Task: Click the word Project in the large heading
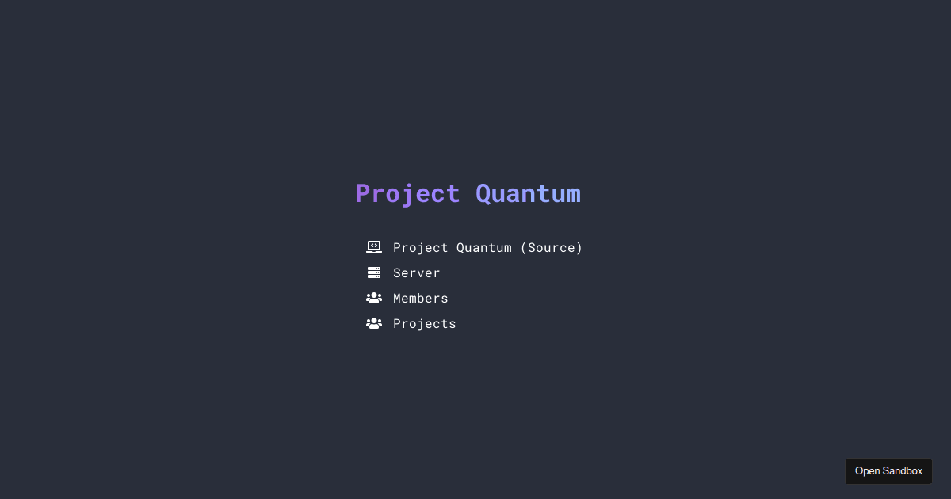click(407, 194)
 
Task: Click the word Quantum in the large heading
click(528, 194)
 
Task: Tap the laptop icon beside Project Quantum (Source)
click(374, 247)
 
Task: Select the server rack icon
click(374, 272)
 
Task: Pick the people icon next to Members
click(374, 298)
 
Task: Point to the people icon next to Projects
click(374, 323)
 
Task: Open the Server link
click(417, 273)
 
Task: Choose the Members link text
click(421, 299)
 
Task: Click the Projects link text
click(425, 324)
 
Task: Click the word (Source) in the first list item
click(552, 248)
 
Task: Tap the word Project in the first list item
click(421, 248)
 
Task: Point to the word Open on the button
click(868, 471)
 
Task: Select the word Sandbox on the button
click(903, 471)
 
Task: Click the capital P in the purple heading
click(364, 194)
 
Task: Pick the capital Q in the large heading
click(483, 194)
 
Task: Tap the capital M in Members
click(397, 299)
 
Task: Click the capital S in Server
click(397, 273)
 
